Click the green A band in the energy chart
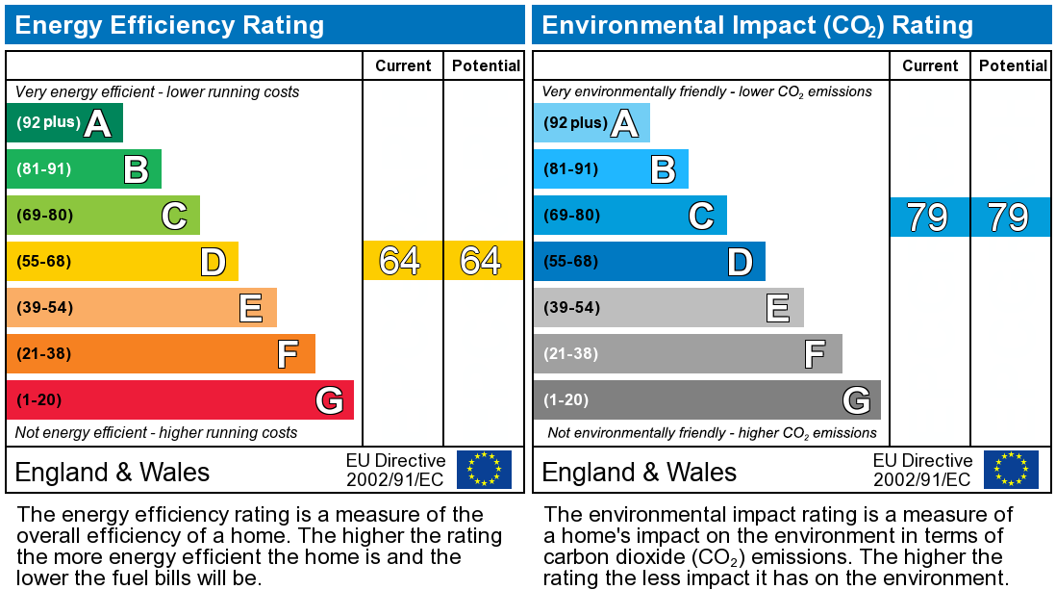click(64, 123)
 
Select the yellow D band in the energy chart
click(122, 262)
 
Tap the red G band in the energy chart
click(180, 400)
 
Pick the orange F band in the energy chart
click(161, 354)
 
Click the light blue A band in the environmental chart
click(591, 123)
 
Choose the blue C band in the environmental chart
click(630, 216)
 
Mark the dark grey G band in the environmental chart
click(707, 400)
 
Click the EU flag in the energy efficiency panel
click(484, 470)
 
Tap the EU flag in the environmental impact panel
click(1011, 470)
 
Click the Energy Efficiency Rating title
click(169, 25)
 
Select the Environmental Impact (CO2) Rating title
click(758, 25)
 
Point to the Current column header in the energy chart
click(403, 65)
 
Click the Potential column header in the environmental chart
click(1013, 65)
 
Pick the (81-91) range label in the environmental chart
click(571, 169)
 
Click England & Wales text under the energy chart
click(113, 472)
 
